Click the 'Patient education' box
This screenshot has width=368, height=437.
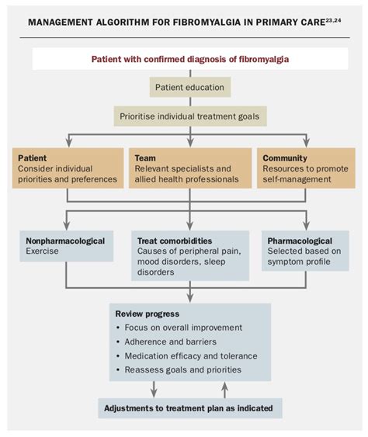[x=190, y=87]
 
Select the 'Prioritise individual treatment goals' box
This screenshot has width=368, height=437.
[x=190, y=116]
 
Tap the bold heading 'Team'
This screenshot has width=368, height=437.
[x=145, y=158]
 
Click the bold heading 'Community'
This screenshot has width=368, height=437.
[x=285, y=158]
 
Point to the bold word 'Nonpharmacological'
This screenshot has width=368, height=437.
[x=65, y=241]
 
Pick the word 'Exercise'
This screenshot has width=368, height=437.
[x=42, y=251]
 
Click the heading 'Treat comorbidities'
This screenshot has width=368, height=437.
[x=175, y=241]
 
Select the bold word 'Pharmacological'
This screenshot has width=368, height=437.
[x=300, y=241]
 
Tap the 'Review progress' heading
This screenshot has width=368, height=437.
[x=148, y=314]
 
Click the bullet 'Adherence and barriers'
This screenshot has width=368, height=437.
[x=170, y=342]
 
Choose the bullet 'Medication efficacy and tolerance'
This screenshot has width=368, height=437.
[x=191, y=356]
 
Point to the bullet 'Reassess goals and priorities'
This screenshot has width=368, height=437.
[x=183, y=369]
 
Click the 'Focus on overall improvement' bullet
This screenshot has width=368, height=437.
[x=183, y=328]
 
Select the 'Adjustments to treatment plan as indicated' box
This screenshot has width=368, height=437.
[x=190, y=408]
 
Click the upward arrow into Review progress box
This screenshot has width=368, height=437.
[x=224, y=390]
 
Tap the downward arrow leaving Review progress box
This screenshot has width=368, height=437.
[x=154, y=390]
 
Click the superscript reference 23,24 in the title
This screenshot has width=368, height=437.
[x=333, y=19]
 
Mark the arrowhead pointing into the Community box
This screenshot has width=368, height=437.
[x=306, y=143]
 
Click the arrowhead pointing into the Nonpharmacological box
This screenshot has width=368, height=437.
[x=66, y=225]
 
